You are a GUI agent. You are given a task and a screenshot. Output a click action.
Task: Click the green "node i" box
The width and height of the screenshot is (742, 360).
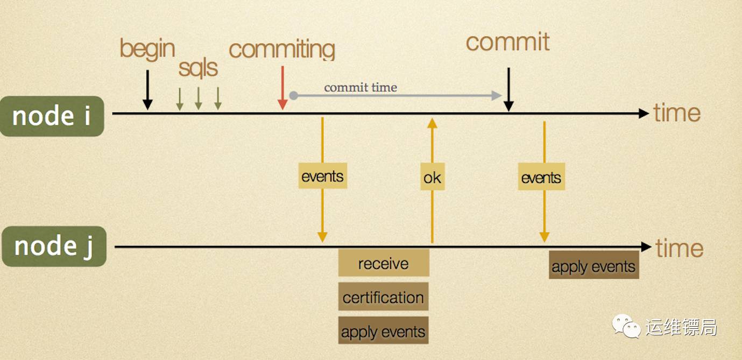[x=52, y=116]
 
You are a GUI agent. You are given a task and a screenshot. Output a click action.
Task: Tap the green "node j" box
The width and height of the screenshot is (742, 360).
[x=54, y=246]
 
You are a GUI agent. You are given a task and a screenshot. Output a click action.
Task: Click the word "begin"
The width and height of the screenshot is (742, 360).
[x=147, y=48]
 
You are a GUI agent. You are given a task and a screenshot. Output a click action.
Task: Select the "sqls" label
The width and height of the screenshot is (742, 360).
[x=198, y=68]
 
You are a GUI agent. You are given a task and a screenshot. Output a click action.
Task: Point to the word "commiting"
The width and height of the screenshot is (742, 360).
[x=281, y=50]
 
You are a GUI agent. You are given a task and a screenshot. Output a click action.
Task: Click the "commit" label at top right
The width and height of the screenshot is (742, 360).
[x=507, y=43]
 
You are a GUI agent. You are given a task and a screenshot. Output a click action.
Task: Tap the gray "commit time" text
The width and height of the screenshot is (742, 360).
[x=361, y=87]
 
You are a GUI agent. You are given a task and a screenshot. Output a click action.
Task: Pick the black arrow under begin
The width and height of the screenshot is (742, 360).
[x=147, y=89]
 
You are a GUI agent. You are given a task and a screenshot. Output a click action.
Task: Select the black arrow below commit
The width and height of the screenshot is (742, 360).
[x=508, y=89]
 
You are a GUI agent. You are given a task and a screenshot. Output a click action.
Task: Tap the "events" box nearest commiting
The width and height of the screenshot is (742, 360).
[x=322, y=177]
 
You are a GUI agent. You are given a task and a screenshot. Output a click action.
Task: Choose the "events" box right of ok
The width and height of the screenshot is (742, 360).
[x=541, y=178]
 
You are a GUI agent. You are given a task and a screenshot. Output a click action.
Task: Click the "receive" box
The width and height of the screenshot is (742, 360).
[x=383, y=263]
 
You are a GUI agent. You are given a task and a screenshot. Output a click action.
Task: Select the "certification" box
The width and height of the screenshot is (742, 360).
[x=383, y=297]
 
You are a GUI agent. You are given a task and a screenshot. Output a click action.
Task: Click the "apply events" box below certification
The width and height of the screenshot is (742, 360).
[x=383, y=331]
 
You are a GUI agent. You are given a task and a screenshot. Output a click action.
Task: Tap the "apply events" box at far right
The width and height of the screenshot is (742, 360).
[x=593, y=266]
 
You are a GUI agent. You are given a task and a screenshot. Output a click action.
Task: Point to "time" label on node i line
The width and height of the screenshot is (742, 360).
[x=677, y=113]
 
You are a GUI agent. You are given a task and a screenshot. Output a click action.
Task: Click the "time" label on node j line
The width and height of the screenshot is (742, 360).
[x=680, y=248]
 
